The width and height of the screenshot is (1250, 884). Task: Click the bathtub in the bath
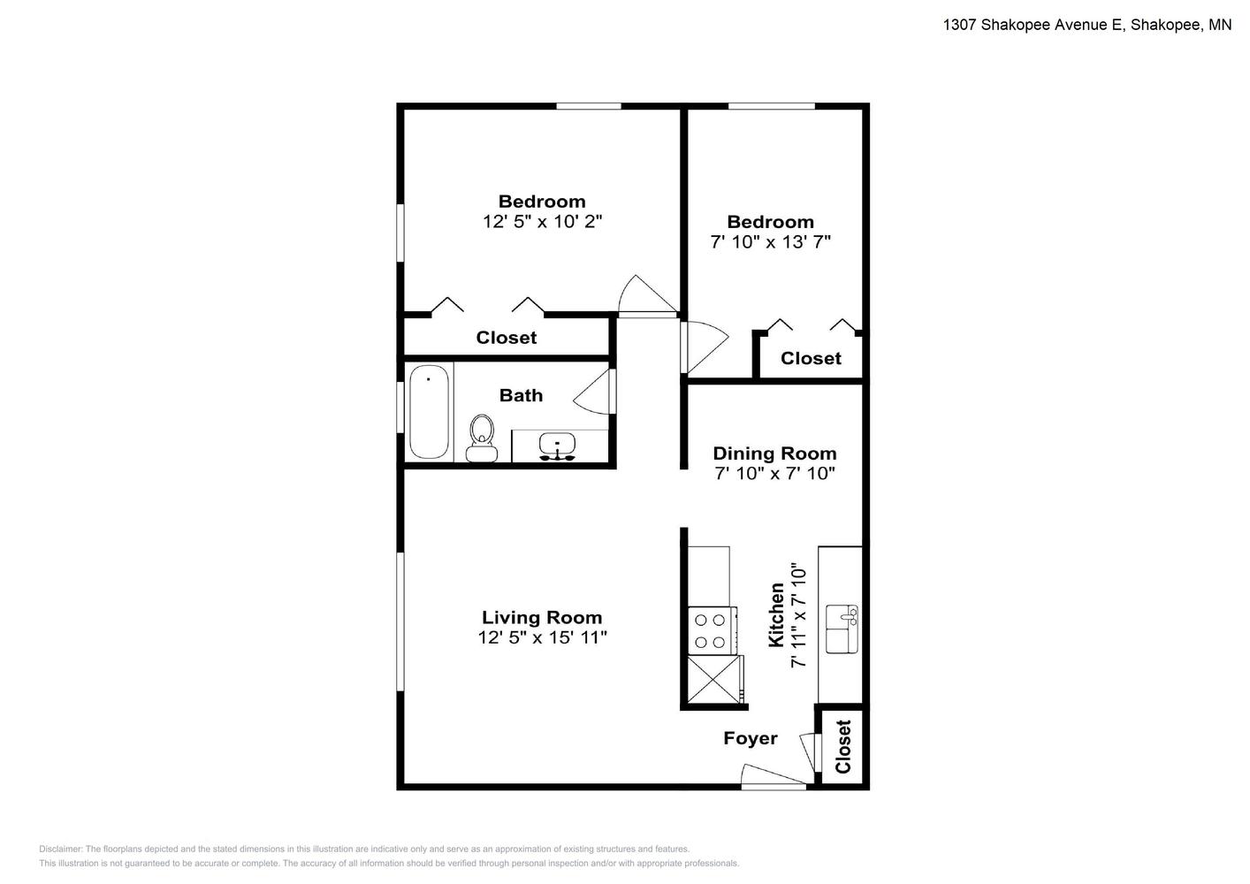[429, 412]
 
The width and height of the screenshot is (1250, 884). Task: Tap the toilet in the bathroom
[482, 438]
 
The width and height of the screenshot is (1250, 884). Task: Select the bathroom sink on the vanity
[557, 446]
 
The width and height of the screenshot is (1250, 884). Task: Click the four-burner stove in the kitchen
[712, 630]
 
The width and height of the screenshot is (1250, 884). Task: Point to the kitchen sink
[842, 629]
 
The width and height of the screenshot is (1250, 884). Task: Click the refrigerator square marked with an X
[715, 680]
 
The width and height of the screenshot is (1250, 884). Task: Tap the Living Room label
[542, 617]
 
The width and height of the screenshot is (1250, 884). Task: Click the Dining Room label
[774, 453]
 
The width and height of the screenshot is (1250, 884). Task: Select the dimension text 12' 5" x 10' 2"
[542, 222]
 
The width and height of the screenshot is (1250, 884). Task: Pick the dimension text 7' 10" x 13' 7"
[770, 242]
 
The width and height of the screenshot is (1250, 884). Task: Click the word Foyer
[750, 738]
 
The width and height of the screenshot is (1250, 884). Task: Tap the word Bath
[521, 395]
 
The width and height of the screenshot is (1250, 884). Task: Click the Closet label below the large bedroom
[507, 337]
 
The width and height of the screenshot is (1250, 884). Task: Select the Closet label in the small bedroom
[811, 358]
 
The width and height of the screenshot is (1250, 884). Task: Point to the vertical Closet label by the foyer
[842, 747]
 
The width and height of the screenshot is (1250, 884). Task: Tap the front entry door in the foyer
[774, 776]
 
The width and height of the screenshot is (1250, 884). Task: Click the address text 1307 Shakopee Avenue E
[1033, 25]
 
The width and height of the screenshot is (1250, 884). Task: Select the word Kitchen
[776, 615]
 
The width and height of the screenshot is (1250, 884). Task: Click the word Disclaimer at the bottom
[60, 849]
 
